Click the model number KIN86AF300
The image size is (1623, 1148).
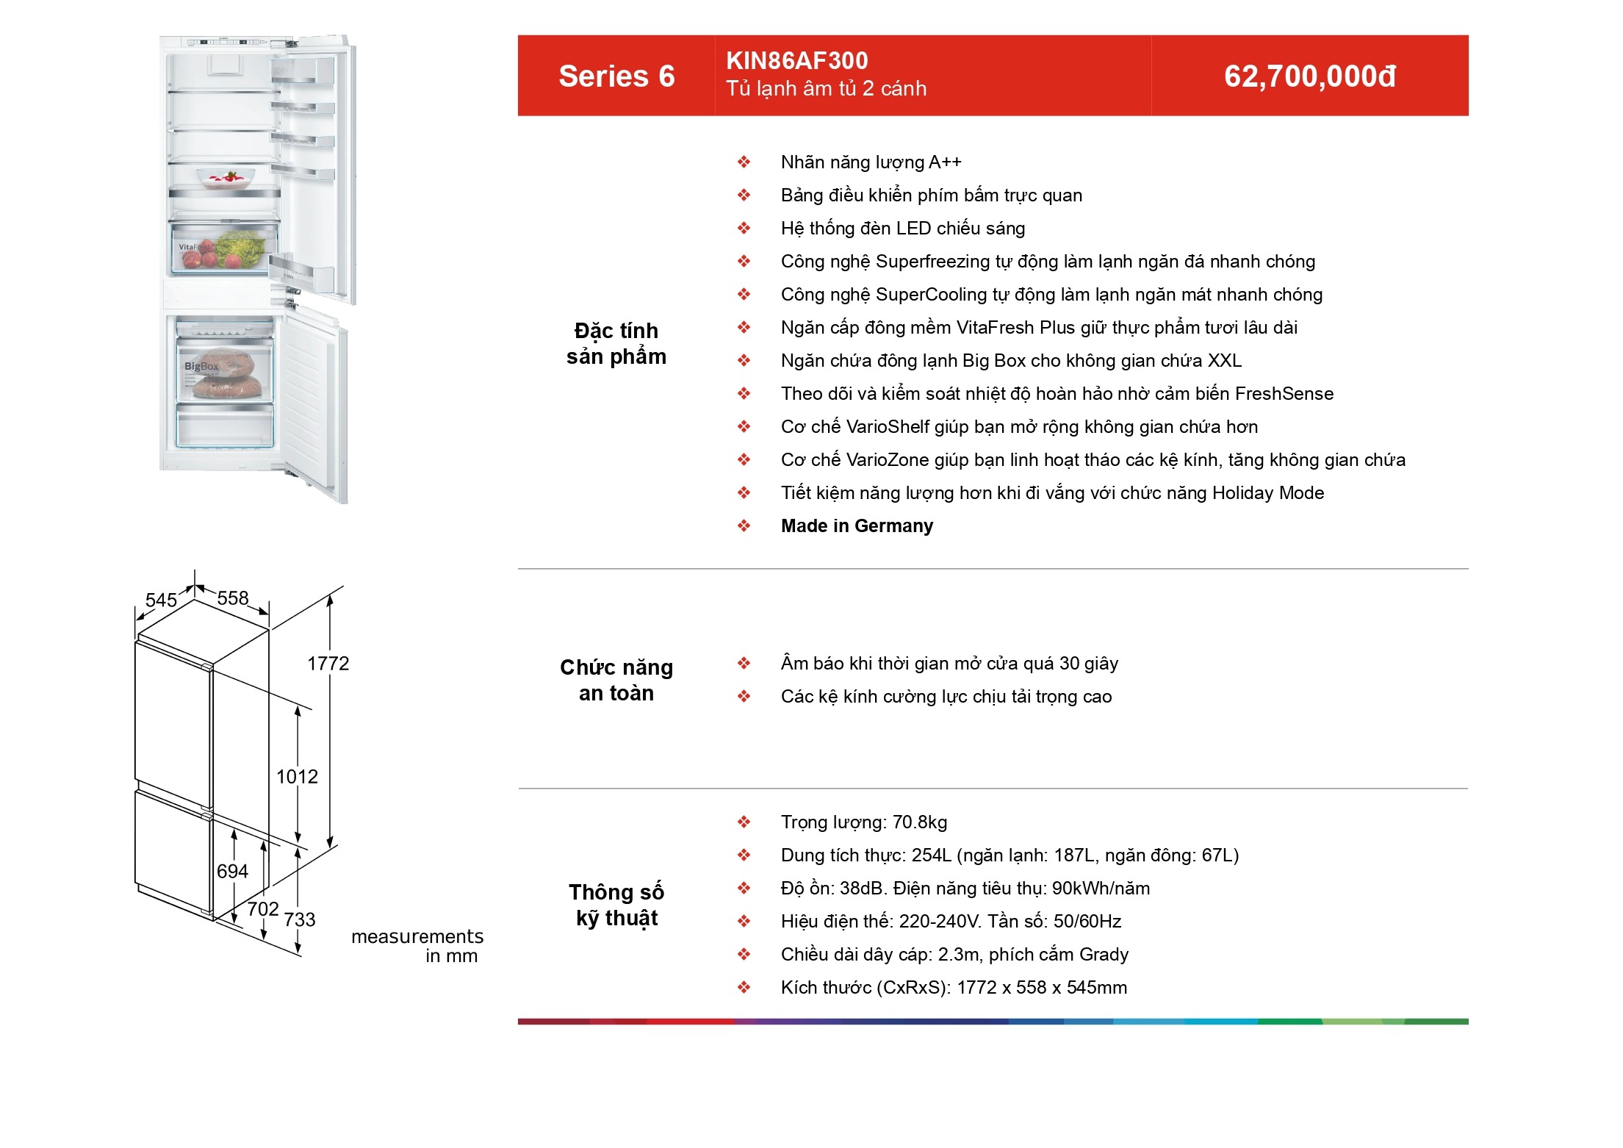tap(797, 60)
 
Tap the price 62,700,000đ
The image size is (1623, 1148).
tap(1310, 76)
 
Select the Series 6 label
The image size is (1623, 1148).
tap(616, 76)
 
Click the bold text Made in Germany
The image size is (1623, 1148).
tap(857, 526)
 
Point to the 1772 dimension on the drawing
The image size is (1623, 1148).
tap(328, 664)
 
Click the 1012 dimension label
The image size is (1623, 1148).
tap(297, 777)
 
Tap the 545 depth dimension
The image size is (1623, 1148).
tap(161, 600)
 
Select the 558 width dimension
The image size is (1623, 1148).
tap(233, 598)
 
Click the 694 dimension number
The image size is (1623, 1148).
tap(232, 872)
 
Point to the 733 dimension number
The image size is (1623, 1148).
tap(300, 920)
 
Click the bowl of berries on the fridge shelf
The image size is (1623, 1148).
tap(226, 179)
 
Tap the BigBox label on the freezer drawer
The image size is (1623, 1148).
tap(201, 366)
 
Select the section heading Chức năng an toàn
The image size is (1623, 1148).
tap(616, 680)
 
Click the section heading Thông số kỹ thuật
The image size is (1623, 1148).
tap(616, 905)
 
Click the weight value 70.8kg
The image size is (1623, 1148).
tap(920, 822)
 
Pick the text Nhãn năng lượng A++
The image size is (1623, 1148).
tap(871, 162)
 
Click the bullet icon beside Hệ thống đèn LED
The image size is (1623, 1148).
tap(744, 229)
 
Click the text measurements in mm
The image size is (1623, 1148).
tap(417, 947)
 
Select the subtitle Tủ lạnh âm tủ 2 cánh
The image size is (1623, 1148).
tap(827, 89)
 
